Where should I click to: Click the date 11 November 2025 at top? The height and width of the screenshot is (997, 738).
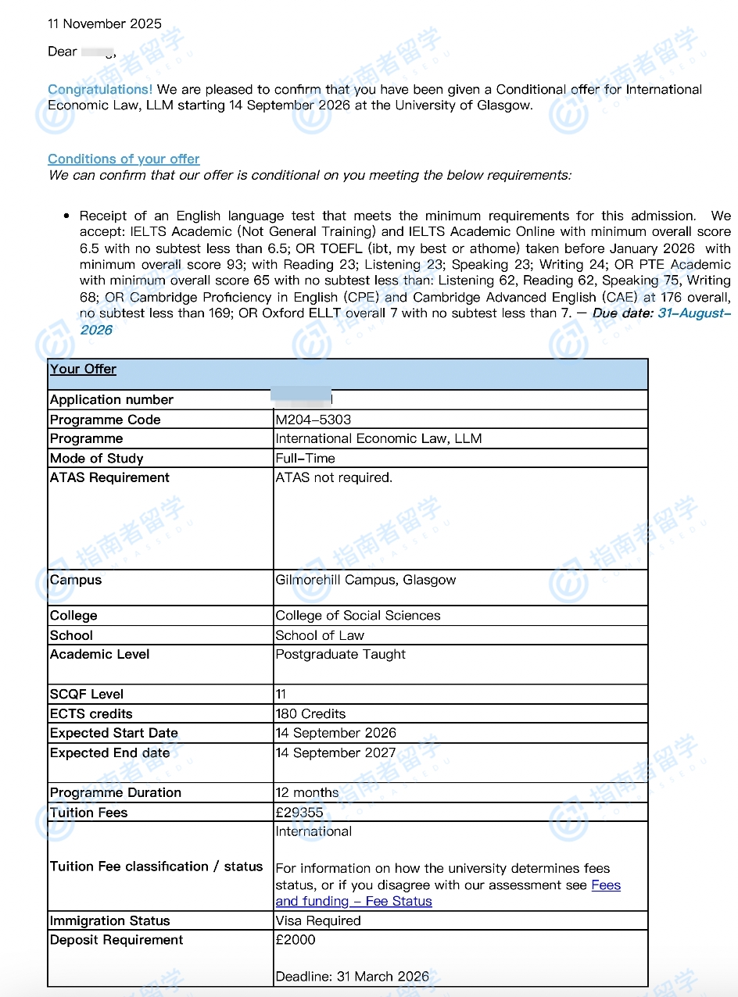tap(105, 23)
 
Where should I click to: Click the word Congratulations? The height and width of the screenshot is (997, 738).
tap(100, 90)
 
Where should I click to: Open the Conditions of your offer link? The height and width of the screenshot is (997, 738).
tap(124, 159)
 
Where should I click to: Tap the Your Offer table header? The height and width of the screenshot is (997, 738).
tap(84, 370)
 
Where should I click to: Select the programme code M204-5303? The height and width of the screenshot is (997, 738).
tap(313, 420)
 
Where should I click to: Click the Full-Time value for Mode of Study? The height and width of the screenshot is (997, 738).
tap(305, 459)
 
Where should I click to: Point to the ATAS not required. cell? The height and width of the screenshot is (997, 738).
tap(334, 477)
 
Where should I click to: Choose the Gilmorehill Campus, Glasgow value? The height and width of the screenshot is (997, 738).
tap(365, 580)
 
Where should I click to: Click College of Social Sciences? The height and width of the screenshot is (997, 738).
tap(357, 616)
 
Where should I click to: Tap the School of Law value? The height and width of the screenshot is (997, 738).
tap(320, 635)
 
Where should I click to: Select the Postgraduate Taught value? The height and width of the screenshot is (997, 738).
tap(340, 655)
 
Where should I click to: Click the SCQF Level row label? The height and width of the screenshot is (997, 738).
tap(87, 694)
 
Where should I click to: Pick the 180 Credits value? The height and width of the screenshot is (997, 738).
tap(310, 713)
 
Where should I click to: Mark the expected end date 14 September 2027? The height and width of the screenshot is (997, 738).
tap(335, 753)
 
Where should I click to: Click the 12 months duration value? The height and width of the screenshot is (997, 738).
tap(306, 792)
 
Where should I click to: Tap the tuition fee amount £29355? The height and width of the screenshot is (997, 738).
tap(299, 813)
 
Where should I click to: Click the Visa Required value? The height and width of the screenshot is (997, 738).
tap(318, 920)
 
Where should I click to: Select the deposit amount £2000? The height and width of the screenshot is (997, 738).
tap(296, 940)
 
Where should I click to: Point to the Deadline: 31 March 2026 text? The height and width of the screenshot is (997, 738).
tap(352, 976)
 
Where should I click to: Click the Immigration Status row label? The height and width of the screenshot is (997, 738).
tap(109, 920)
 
